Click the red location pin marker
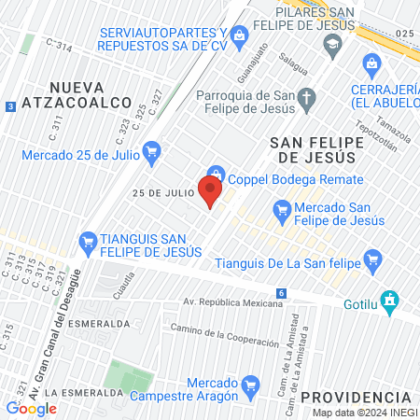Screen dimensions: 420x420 point(210,192)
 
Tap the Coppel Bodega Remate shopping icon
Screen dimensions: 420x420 point(217,173)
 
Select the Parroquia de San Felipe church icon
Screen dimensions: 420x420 point(308,96)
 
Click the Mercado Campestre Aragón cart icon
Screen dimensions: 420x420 point(249,385)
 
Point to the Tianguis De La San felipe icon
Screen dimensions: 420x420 point(373,259)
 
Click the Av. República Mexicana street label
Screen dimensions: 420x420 point(232,303)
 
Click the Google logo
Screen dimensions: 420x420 point(31,408)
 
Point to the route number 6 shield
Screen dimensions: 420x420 point(282,293)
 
